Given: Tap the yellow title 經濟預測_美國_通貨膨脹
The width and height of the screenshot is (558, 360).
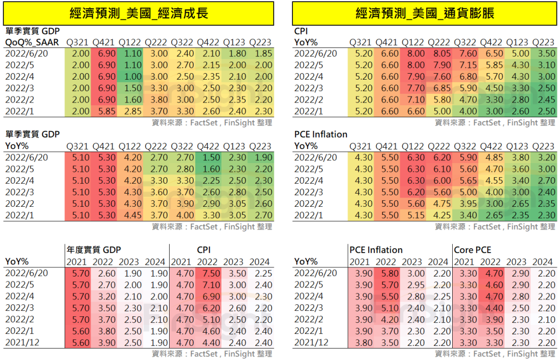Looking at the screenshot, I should tap(424, 14).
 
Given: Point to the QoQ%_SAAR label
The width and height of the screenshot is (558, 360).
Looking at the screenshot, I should tap(32, 42).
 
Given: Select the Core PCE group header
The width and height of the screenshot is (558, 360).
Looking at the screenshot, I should tap(472, 250).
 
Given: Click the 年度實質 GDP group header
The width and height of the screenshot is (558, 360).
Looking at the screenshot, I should tap(93, 250).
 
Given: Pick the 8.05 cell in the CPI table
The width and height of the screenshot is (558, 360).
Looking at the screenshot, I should tap(439, 53).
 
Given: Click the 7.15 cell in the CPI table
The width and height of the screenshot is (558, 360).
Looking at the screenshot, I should tap(465, 65).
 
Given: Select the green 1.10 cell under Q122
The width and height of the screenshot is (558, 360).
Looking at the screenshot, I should tap(129, 53).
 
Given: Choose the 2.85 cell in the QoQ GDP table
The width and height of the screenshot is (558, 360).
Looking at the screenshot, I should tap(129, 111).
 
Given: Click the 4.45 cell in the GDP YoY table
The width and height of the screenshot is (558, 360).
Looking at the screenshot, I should tap(129, 215).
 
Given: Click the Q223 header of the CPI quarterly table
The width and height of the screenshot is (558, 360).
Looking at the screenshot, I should tap(543, 42).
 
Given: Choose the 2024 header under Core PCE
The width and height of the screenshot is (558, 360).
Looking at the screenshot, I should tap(543, 262).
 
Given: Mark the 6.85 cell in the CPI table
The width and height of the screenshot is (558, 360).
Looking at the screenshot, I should tap(439, 88).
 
